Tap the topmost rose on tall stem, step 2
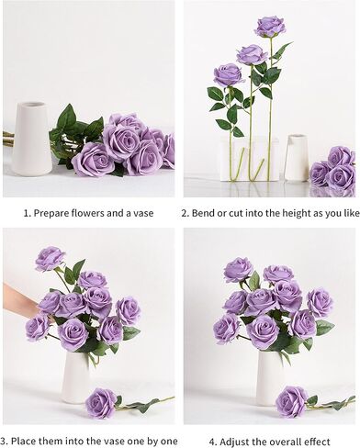[x=270, y=26]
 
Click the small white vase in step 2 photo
[x=296, y=157]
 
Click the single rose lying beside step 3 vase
[x=101, y=402]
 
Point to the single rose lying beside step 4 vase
[x=292, y=401]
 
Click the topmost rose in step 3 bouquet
[x=50, y=259]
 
